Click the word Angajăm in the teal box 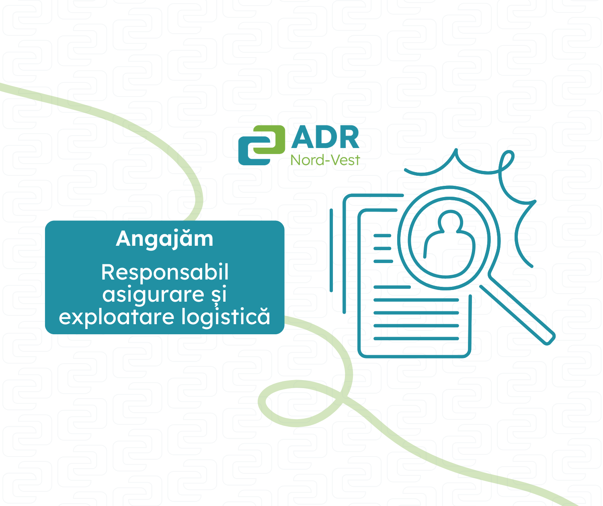(164, 240)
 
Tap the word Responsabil (164, 272)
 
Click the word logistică (226, 317)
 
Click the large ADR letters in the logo (325, 137)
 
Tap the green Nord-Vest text (325, 160)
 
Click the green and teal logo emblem (261, 145)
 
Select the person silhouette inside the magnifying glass (450, 243)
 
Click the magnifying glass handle (517, 315)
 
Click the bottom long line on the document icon (416, 338)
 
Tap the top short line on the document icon (382, 236)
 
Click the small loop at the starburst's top (506, 161)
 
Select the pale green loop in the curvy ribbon (300, 403)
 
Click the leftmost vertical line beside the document (331, 250)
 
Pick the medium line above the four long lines (392, 287)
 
